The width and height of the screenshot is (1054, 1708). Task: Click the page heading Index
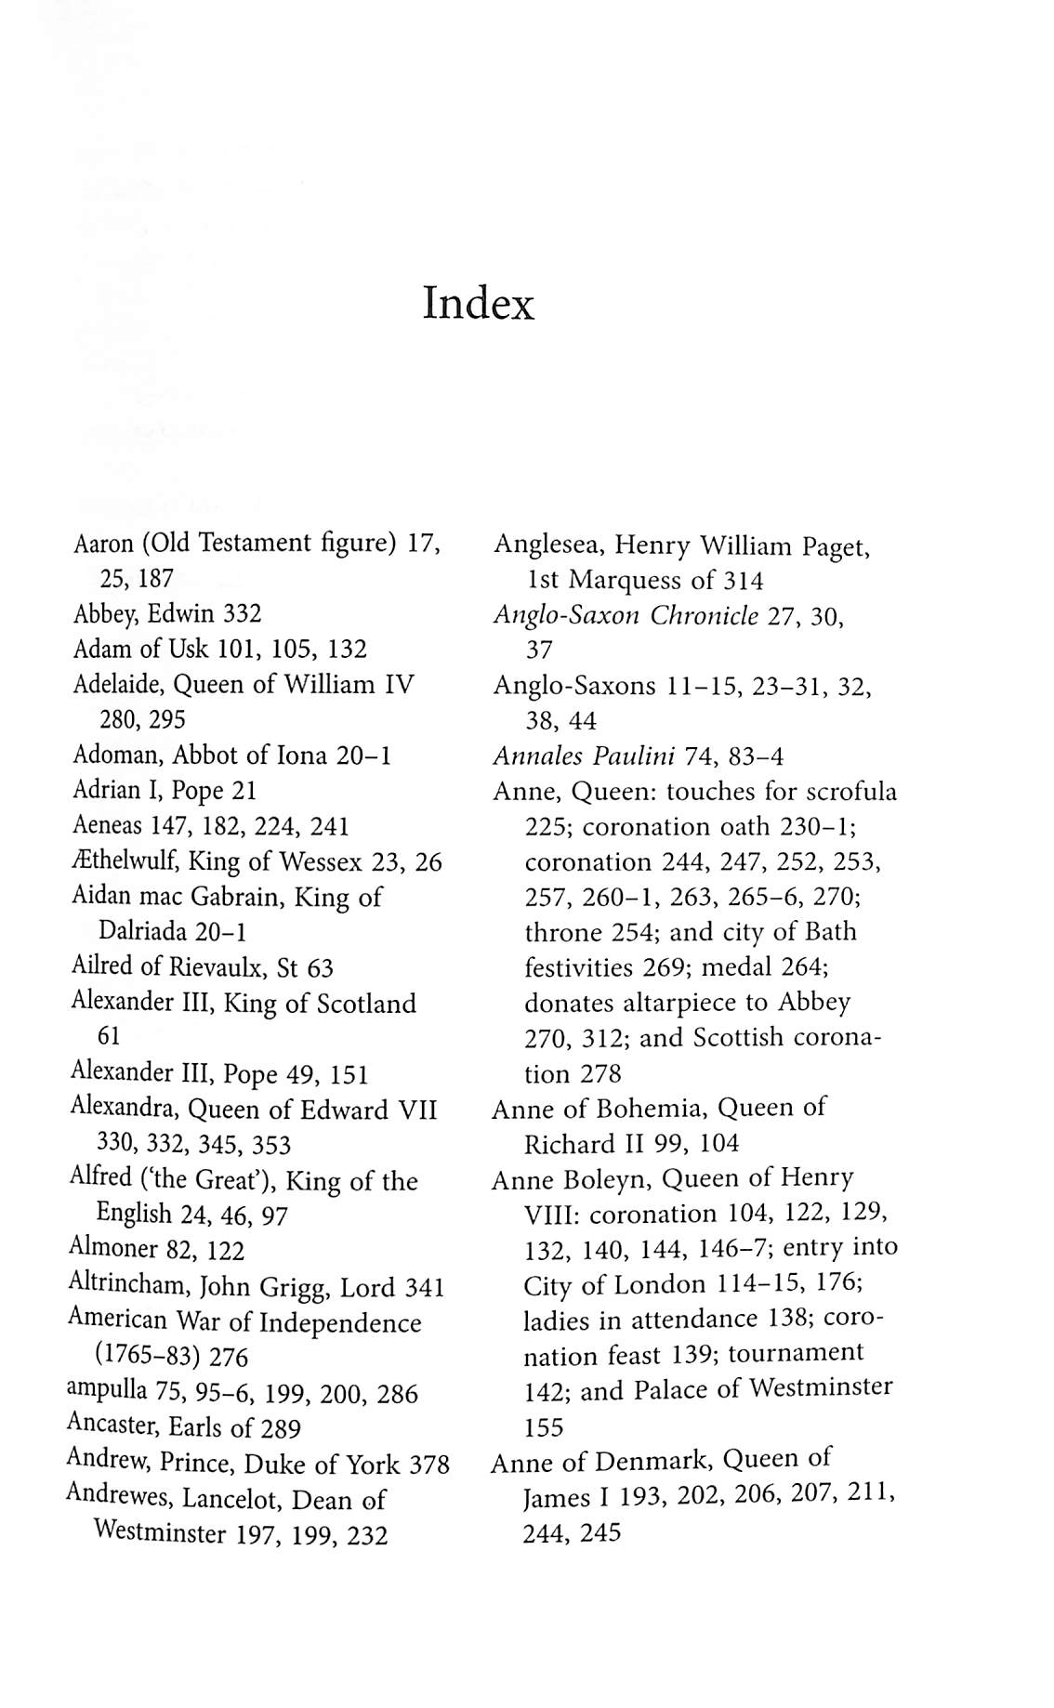click(478, 303)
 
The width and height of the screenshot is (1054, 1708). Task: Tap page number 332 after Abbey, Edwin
click(242, 613)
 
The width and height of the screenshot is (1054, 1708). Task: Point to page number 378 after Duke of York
click(428, 1465)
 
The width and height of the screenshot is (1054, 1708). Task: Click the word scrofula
click(852, 792)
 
